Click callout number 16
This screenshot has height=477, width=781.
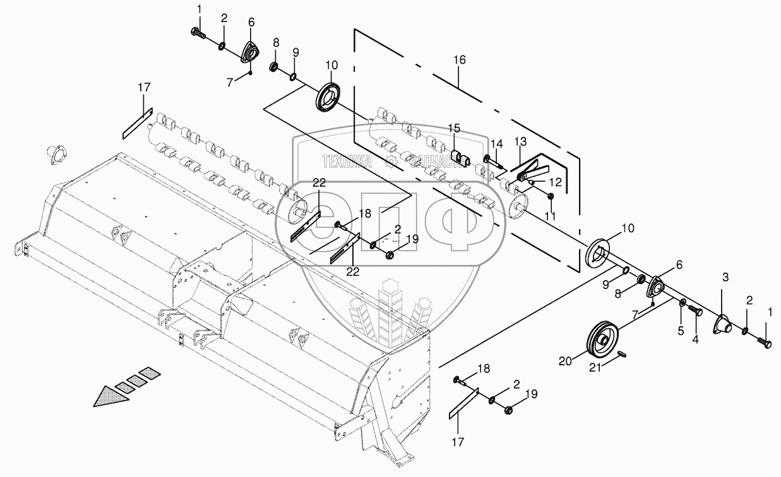(459, 60)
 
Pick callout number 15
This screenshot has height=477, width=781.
(455, 128)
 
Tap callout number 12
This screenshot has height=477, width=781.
(555, 180)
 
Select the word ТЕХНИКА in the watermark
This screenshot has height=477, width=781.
(346, 161)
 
